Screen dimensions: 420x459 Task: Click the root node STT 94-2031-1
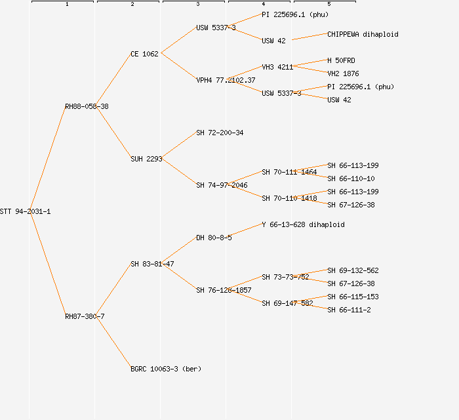point(25,211)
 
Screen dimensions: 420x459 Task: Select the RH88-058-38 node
point(87,106)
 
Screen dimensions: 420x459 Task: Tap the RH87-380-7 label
point(85,316)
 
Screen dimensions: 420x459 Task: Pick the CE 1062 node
point(144,54)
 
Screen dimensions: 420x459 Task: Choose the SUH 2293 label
point(146,159)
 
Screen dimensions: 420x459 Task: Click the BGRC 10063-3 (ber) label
point(166,369)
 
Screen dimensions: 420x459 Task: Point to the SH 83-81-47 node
point(152,264)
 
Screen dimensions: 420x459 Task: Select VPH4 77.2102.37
point(226,80)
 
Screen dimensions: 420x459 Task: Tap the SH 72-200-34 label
point(220,133)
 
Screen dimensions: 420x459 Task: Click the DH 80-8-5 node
point(214,238)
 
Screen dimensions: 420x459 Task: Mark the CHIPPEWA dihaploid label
point(363,34)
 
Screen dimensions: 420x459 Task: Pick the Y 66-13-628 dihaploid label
point(303,224)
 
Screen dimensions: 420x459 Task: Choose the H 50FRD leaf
point(341,60)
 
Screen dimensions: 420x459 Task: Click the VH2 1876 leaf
point(343,73)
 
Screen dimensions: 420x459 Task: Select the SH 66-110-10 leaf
point(351,178)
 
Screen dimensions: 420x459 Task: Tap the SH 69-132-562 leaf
point(353,270)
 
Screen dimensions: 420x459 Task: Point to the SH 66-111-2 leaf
point(349,310)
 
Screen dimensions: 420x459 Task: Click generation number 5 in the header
point(329,5)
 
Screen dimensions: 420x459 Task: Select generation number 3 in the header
point(197,5)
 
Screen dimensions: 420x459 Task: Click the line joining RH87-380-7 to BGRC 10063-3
point(115,343)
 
